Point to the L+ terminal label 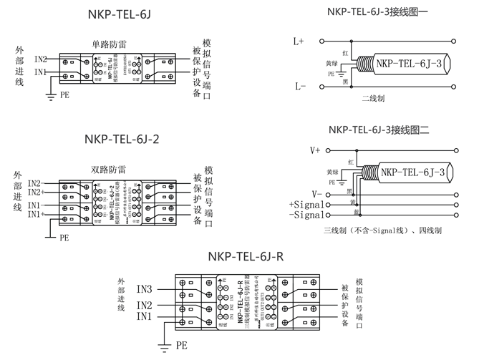click(x=299, y=42)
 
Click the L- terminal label click(x=299, y=86)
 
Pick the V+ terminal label click(x=315, y=150)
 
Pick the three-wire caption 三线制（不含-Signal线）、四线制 click(x=382, y=231)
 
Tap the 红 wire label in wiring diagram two click(x=351, y=162)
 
